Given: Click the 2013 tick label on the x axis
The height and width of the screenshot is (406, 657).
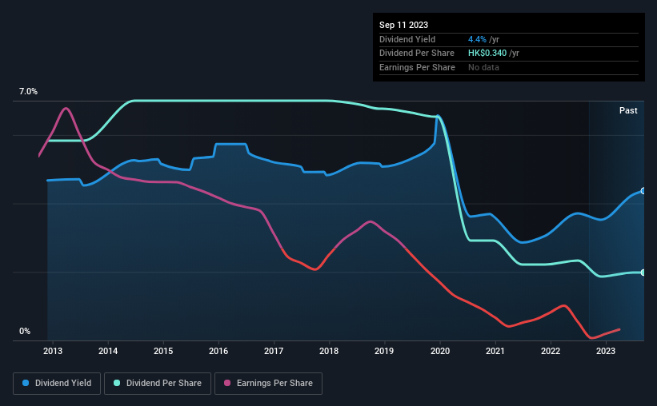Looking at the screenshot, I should (53, 351).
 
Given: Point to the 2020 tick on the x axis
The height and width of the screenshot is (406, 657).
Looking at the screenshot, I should (439, 351).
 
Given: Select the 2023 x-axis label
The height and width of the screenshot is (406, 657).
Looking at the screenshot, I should (606, 351).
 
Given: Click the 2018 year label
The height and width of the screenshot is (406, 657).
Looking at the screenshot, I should (329, 351).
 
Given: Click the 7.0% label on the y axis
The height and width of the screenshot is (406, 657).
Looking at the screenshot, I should (28, 92).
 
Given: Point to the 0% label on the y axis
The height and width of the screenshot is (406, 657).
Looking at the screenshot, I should (25, 331).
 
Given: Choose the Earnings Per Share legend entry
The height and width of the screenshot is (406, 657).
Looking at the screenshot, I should (269, 384).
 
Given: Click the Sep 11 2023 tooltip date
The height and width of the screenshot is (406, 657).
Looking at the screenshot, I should (405, 25).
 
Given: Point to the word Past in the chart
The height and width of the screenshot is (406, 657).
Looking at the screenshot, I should (628, 111).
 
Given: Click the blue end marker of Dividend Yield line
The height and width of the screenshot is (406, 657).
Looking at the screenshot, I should (643, 191).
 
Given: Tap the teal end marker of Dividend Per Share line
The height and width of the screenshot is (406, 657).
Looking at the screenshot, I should (643, 273).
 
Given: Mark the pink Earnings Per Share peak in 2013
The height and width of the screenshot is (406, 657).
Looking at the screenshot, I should (66, 108).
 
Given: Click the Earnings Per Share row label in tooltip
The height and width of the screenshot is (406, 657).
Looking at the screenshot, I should (417, 68).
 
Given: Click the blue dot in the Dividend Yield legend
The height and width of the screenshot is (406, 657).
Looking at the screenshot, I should (26, 384).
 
